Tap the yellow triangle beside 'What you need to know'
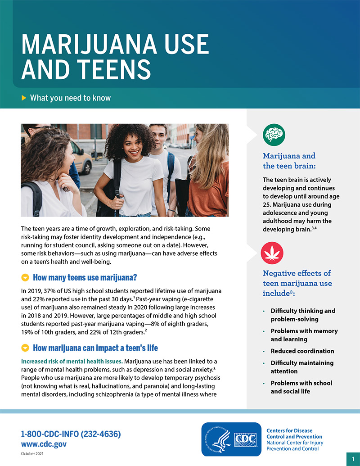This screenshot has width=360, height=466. tap(24, 98)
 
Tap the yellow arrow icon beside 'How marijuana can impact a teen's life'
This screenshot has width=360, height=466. tap(25, 348)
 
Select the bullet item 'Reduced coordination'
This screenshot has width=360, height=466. tap(302, 351)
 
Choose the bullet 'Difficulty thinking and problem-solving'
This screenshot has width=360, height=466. tap(302, 315)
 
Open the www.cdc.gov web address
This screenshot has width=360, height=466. tap(44, 444)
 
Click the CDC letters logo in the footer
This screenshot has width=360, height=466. tap(246, 439)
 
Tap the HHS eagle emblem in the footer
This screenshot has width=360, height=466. tap(217, 439)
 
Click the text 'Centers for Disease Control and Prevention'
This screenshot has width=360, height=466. tap(294, 434)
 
